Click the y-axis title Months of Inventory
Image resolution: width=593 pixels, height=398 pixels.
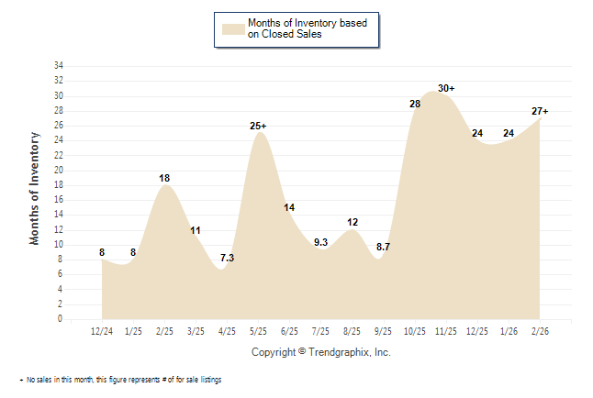(36, 188)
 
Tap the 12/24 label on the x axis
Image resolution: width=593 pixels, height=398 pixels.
(102, 330)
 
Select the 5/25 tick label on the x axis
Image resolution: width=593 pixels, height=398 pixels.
(259, 330)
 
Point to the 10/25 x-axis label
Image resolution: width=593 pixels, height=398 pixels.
(415, 330)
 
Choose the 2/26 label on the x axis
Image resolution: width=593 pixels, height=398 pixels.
(540, 330)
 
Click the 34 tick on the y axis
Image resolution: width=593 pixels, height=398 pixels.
(58, 66)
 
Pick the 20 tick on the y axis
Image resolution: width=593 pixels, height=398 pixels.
(58, 171)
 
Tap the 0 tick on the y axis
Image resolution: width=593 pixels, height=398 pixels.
(61, 319)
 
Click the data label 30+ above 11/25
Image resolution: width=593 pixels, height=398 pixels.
(446, 88)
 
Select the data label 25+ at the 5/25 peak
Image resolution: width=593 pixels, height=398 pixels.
(259, 125)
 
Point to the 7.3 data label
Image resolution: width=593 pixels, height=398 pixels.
(228, 258)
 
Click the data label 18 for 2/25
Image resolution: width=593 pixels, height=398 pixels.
(165, 177)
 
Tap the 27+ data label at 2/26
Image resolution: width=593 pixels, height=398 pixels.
(540, 111)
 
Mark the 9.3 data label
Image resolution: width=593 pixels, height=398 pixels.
(321, 243)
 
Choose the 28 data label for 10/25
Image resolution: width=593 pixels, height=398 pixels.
(415, 104)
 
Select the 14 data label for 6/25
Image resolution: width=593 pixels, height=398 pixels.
(290, 207)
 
